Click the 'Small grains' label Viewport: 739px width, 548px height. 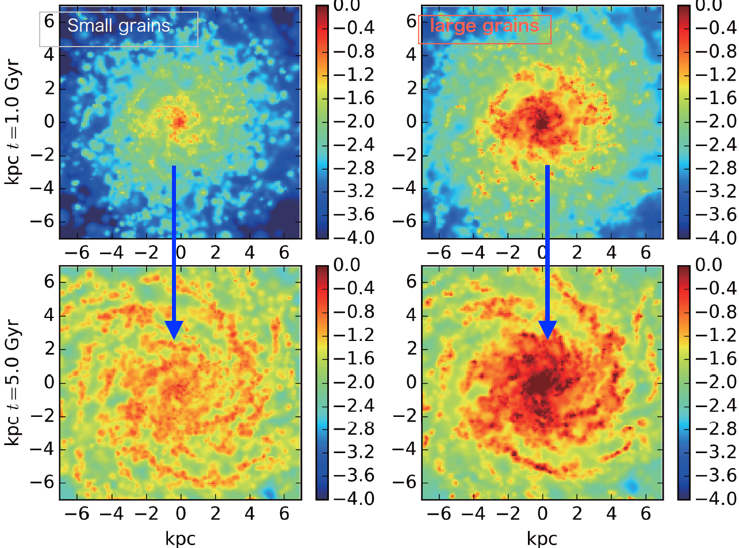[119, 26]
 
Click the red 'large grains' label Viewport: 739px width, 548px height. [484, 26]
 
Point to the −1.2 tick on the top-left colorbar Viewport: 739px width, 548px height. [354, 75]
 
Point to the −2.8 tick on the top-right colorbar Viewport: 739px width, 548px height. [716, 168]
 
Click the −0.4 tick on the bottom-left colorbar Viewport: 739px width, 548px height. [354, 288]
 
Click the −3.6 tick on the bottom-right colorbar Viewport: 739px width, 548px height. [716, 476]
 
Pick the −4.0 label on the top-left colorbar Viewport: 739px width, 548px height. [354, 238]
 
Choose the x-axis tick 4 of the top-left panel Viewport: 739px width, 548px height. [250, 253]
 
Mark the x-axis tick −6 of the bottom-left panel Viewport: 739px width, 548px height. [77, 513]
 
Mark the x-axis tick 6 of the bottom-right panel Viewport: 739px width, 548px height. [646, 513]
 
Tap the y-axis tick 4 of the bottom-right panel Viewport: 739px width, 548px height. [411, 316]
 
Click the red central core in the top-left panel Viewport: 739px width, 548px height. [179, 121]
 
